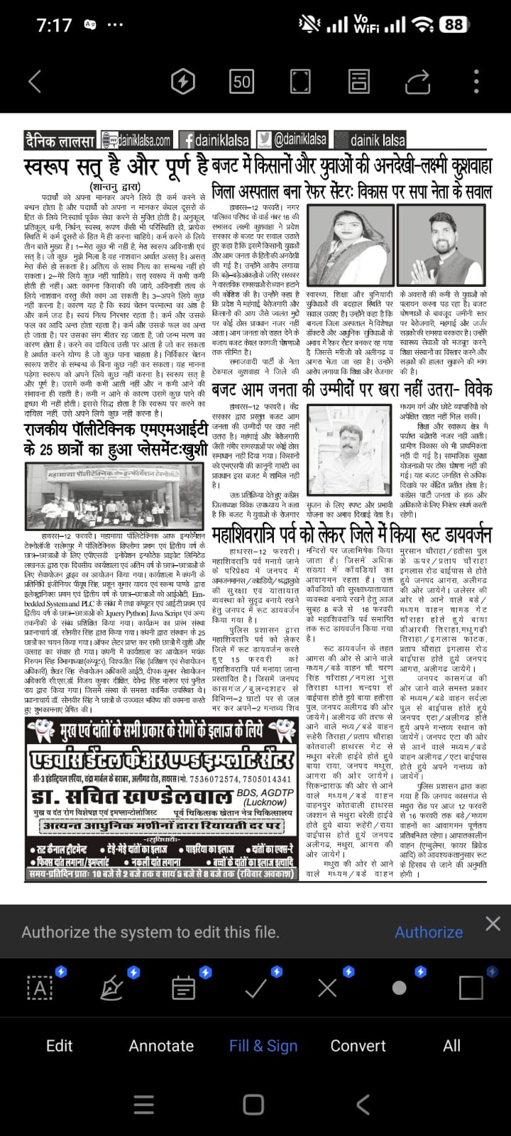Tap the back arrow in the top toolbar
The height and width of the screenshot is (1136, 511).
tap(34, 82)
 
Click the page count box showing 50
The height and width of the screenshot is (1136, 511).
tap(242, 82)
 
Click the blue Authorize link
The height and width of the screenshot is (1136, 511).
tap(428, 932)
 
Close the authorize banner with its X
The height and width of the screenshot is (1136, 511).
tap(493, 923)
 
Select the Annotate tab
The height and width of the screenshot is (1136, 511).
tap(161, 1045)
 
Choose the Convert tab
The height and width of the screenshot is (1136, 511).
tap(358, 1045)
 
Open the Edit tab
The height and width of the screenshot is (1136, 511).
tap(59, 1045)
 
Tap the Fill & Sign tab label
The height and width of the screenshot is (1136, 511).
tap(263, 1045)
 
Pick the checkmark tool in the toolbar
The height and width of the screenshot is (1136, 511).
tap(255, 987)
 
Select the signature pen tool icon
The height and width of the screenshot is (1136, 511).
tap(111, 987)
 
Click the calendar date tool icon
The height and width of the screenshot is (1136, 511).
tap(183, 987)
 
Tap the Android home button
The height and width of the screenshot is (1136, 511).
tap(253, 1105)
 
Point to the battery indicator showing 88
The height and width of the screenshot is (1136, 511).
tap(453, 25)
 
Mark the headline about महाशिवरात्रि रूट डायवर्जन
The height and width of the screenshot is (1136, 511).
tap(351, 532)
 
